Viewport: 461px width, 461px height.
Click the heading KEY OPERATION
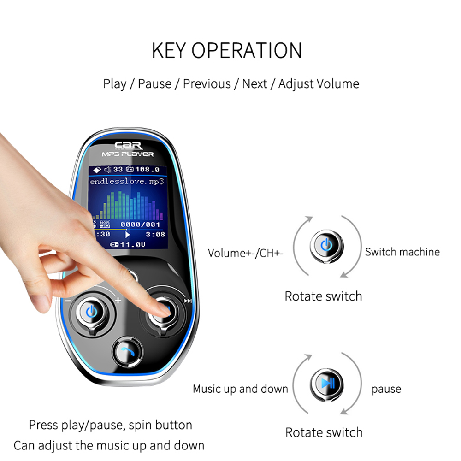coord(227,50)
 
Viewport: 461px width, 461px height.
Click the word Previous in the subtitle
coord(207,84)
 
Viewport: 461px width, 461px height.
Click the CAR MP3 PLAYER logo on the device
coord(128,149)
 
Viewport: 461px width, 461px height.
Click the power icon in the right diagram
coord(325,245)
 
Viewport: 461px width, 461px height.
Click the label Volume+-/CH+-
coord(245,253)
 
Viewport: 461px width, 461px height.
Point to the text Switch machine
coord(402,252)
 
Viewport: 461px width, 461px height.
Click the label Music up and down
coord(240,389)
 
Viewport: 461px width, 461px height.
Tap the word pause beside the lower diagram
coord(386,389)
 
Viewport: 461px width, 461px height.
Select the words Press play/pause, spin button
coord(110,425)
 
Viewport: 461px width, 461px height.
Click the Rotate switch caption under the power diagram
coord(323,296)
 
